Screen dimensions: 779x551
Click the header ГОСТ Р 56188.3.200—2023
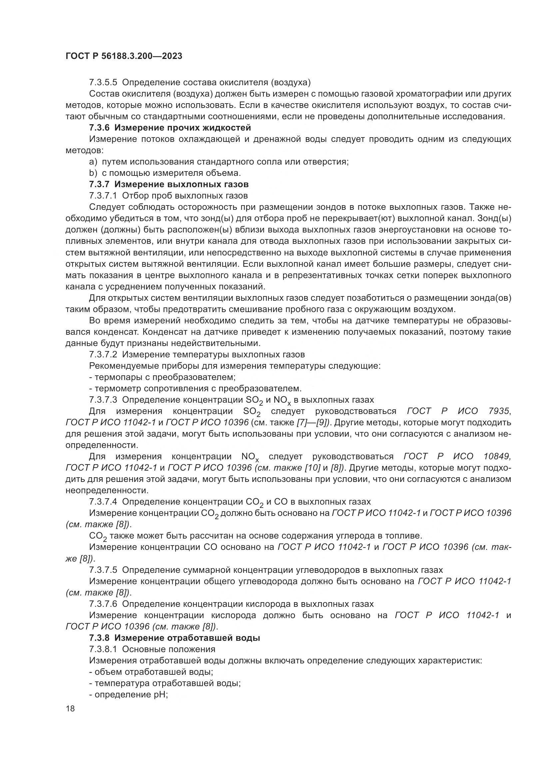click(x=124, y=56)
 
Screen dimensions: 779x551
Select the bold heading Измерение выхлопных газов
click(x=181, y=184)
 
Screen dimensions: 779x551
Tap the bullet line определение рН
click(x=129, y=694)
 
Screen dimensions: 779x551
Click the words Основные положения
click(x=169, y=649)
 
